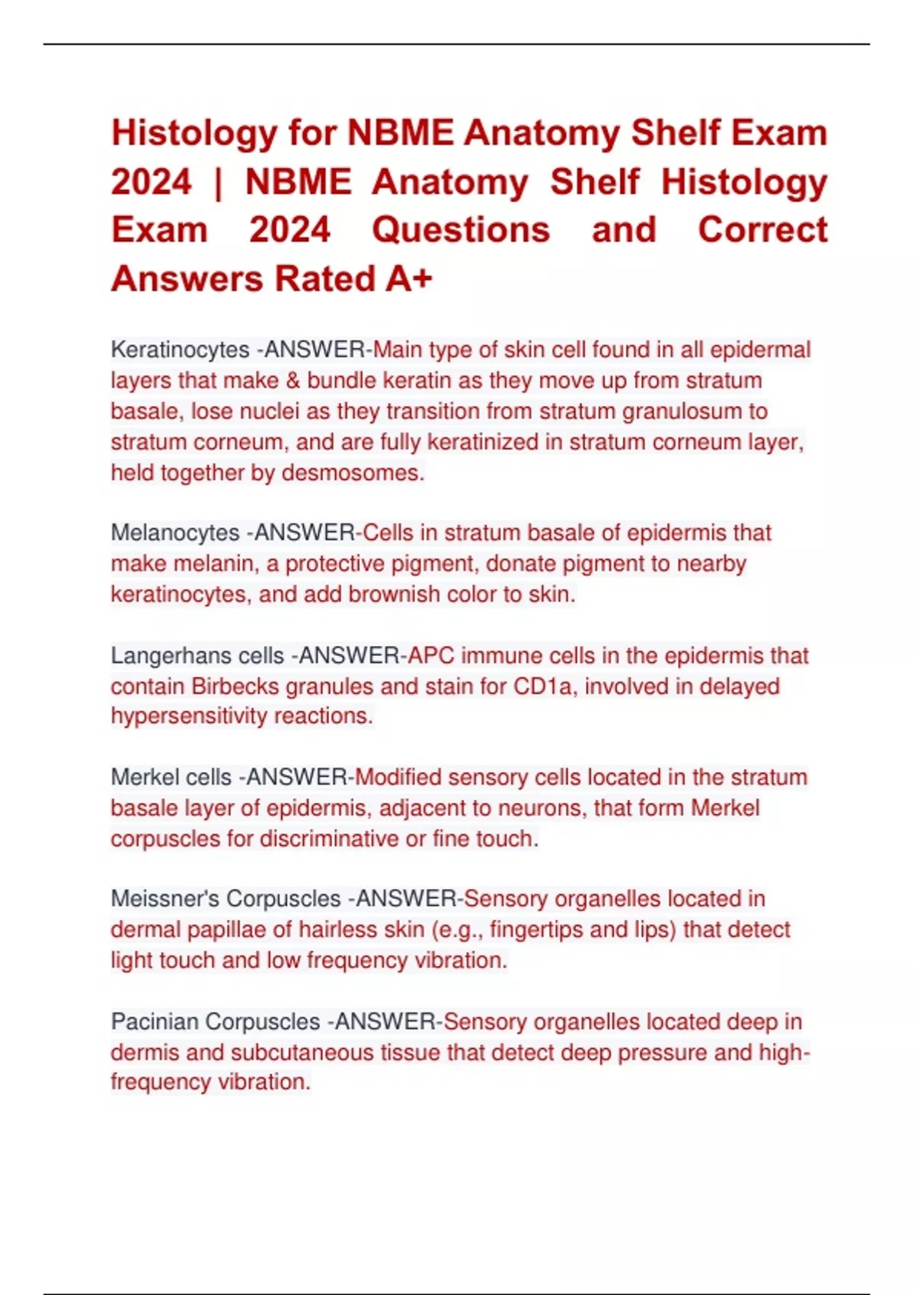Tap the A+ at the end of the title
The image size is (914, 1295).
(408, 279)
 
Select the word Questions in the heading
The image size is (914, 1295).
(461, 230)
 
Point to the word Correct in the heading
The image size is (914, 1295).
(762, 230)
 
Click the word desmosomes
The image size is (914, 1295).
(353, 473)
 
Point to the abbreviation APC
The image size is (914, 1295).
(431, 656)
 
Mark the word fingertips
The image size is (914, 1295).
(536, 930)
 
